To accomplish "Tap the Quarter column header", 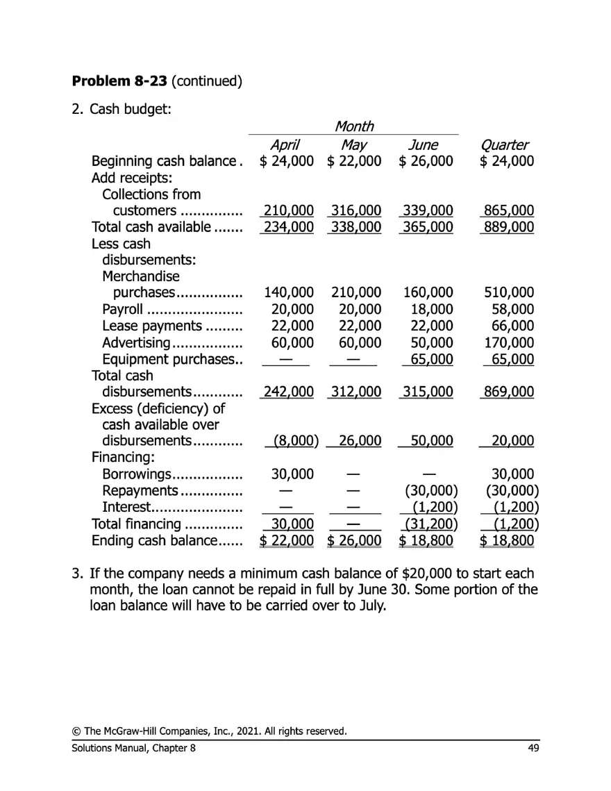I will pos(504,145).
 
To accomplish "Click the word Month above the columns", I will pos(353,126).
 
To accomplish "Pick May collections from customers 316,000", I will pos(355,210).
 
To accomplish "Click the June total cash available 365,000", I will pos(428,227).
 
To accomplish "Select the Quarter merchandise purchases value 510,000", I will pos(509,293).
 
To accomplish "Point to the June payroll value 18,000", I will pos(432,310).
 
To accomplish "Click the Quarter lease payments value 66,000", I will pos(512,326).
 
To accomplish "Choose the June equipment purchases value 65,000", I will pos(432,359).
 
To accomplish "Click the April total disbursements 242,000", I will pos(288,392).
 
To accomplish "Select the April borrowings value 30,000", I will pos(292,474).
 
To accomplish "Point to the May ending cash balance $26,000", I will pos(354,540).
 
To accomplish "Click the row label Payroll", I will pos(123,310).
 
